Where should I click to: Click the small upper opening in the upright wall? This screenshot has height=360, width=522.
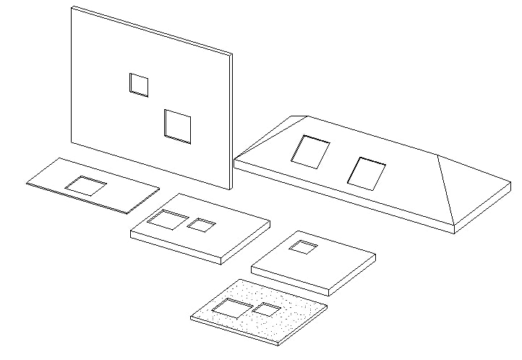pos(139,85)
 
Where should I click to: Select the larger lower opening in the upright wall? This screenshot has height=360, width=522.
pos(177,127)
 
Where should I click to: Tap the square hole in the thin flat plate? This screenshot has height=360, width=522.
pos(86,186)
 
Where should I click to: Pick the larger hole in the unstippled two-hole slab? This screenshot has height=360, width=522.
pos(167,220)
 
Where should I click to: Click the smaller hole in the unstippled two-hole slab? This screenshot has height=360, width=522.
pos(201,226)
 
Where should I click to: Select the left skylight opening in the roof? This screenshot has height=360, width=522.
pos(310,152)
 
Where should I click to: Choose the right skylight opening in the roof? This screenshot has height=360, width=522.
pos(367,173)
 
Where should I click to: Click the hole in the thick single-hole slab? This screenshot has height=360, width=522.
pos(303,248)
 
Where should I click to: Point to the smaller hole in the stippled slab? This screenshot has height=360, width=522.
pos(266,310)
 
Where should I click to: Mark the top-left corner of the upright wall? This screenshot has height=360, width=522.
pos(72,7)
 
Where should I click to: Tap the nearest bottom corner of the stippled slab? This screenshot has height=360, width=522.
pos(278,343)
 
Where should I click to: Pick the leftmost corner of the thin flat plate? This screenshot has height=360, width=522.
pos(27,184)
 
